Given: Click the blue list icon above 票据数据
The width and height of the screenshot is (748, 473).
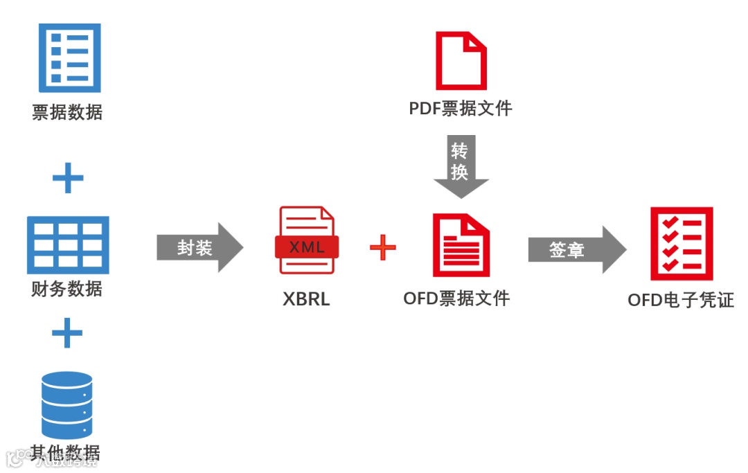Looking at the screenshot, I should click(69, 57).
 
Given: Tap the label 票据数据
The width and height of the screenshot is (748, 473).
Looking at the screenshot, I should click(67, 112).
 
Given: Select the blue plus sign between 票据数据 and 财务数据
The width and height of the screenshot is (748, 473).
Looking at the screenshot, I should click(68, 179).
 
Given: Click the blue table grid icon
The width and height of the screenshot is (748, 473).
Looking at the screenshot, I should click(68, 244).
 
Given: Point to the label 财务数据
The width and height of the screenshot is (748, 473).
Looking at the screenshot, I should click(67, 289).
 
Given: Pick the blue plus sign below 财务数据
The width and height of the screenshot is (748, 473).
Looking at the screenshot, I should click(67, 333).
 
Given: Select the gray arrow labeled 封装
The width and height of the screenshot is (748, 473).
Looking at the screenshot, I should click(199, 247).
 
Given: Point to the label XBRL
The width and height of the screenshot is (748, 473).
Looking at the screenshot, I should click(306, 299).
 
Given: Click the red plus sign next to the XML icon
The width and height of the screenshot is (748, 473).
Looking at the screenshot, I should click(382, 247).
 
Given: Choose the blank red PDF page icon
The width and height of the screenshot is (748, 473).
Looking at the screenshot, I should click(461, 61).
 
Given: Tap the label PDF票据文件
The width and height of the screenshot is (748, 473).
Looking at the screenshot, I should click(461, 109).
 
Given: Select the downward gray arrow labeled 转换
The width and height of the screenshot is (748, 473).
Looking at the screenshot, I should click(461, 166).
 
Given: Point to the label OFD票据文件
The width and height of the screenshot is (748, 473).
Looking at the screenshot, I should click(456, 298).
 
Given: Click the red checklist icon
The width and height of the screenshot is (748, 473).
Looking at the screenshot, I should click(681, 244).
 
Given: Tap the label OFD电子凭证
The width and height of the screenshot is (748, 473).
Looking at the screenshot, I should click(681, 300).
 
